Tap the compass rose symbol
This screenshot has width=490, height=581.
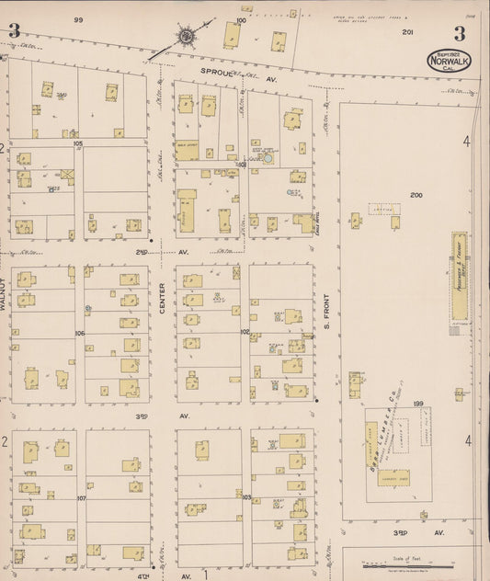point(187,37)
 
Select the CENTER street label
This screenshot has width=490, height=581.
point(162,302)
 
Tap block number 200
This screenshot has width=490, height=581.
point(416,196)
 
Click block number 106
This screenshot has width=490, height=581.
point(80,333)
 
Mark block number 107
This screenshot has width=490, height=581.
point(81,497)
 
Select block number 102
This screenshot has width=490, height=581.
point(245,332)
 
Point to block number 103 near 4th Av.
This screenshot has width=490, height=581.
point(245,497)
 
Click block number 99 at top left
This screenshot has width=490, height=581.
point(79,19)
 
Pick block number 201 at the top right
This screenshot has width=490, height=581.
point(407,31)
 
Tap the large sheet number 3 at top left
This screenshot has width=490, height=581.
point(14,31)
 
